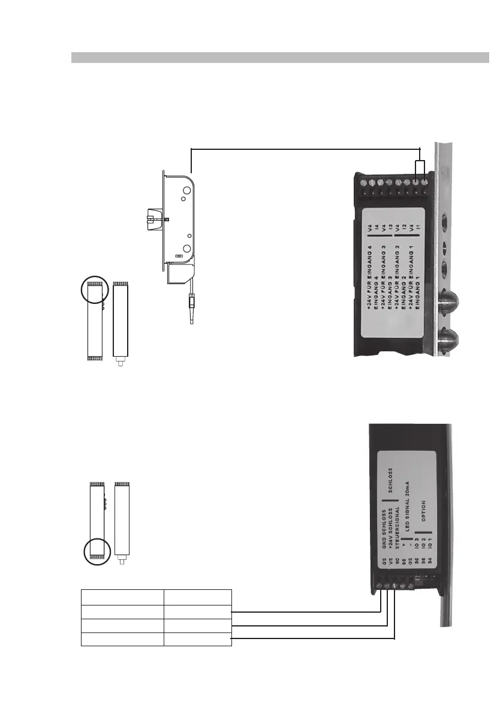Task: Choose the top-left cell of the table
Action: click(122, 597)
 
